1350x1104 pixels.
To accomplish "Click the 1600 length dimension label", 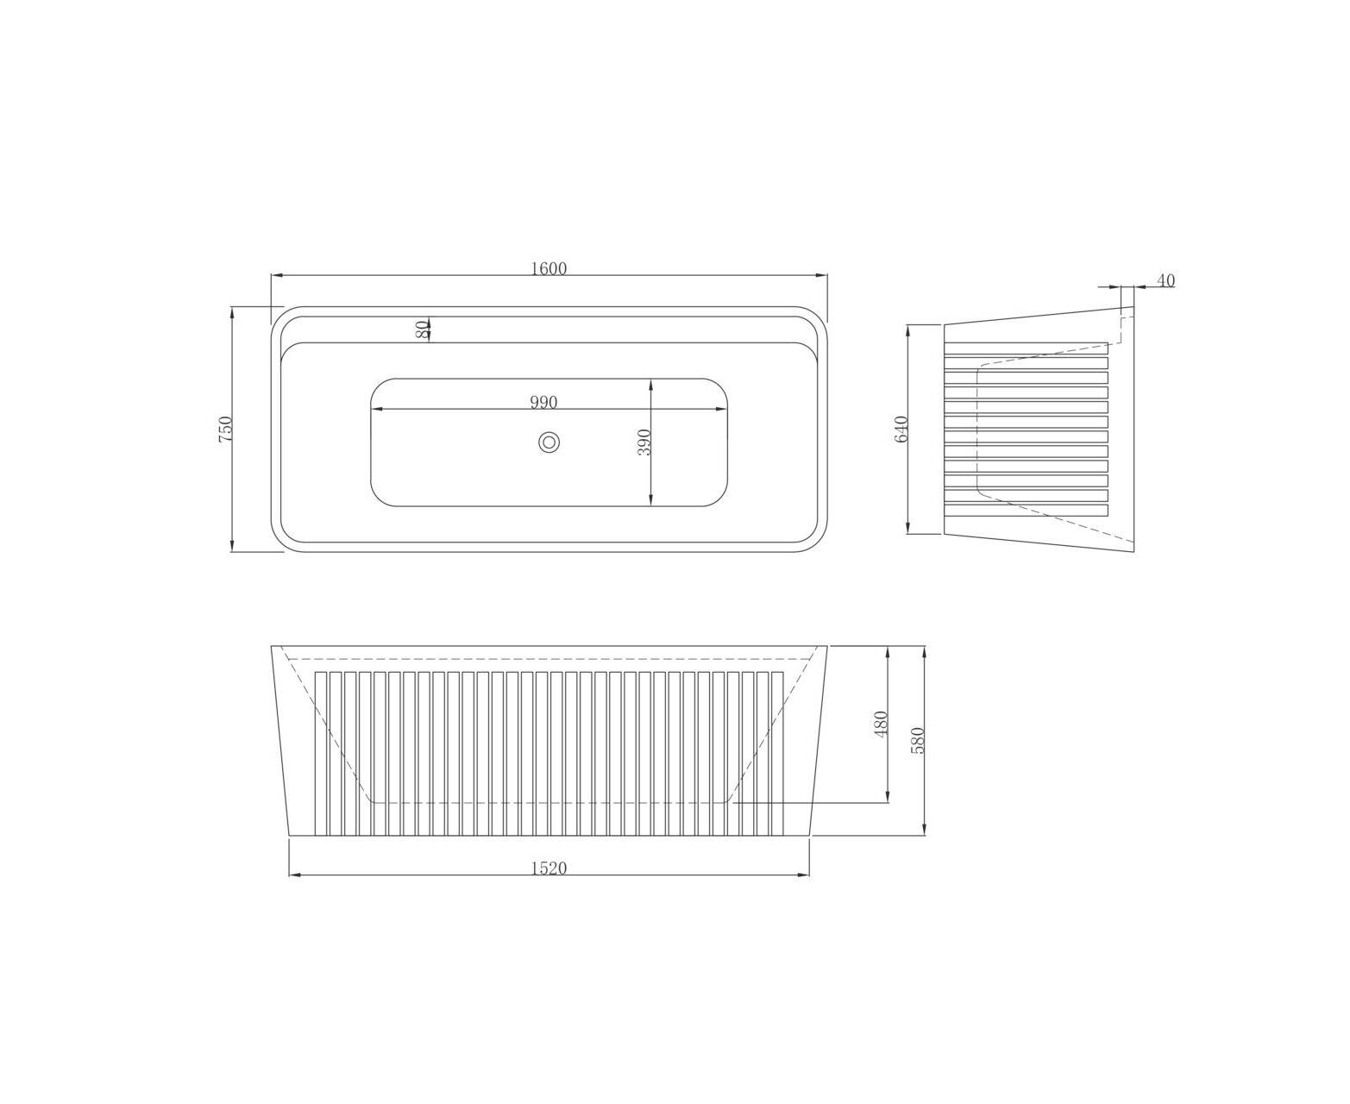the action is (549, 269).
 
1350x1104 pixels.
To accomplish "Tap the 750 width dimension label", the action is (225, 429).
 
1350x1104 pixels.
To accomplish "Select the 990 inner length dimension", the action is (543, 402).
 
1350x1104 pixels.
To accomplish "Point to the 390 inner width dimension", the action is (644, 442).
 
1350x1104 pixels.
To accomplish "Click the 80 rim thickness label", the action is (421, 329).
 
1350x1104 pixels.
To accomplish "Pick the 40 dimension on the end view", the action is (1165, 280).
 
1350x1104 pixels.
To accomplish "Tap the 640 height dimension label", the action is (901, 429).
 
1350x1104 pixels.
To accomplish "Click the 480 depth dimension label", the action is (881, 724).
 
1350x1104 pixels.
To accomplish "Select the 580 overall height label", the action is (917, 741).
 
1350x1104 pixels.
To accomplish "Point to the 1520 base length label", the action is (549, 868).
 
